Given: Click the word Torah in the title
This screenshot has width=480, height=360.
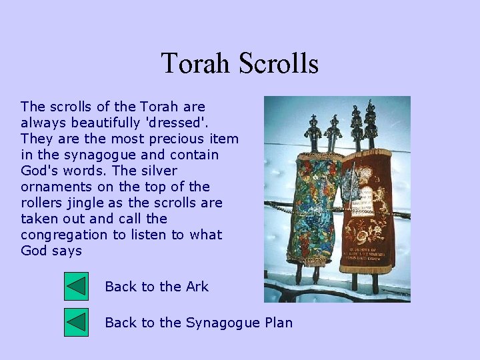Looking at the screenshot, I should click(x=195, y=64).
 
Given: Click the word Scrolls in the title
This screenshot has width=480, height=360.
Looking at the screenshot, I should click(x=278, y=64).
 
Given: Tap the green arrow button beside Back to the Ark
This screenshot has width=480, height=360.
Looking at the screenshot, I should click(x=76, y=287).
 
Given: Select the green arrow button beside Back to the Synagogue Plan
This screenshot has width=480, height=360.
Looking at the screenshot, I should click(x=76, y=323).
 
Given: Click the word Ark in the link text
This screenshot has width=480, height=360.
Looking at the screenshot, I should click(x=197, y=287).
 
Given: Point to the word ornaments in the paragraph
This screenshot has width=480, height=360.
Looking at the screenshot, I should click(x=53, y=187).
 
